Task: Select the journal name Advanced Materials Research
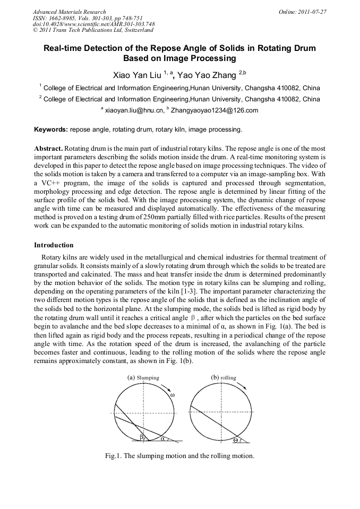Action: (69, 12)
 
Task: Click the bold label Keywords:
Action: (51, 129)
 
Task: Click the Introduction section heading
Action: (54, 245)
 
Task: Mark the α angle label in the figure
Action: (162, 438)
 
